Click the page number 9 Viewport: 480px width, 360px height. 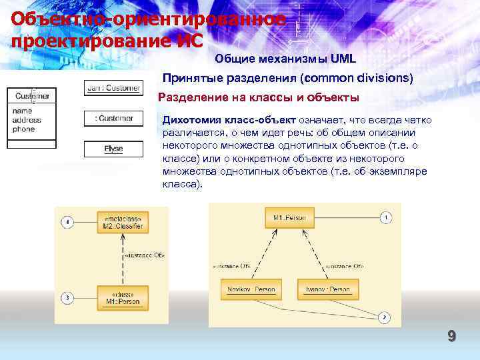(x=451, y=337)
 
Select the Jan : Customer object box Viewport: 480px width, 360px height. (x=113, y=87)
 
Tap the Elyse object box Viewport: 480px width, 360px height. (x=113, y=149)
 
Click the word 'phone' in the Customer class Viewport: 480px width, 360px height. (x=23, y=129)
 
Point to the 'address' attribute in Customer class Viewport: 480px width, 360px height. (x=27, y=120)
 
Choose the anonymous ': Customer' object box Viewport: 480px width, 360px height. (x=113, y=118)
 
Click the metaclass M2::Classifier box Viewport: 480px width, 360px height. (x=123, y=221)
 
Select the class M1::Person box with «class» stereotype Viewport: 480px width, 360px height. (x=123, y=297)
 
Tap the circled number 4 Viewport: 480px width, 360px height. (x=67, y=222)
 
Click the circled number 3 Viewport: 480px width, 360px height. (x=67, y=297)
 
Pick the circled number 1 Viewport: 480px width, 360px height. (x=387, y=217)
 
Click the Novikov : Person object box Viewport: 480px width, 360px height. (x=252, y=289)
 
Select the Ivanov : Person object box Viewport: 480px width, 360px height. (x=328, y=289)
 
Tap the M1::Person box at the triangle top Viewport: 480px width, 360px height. (x=289, y=217)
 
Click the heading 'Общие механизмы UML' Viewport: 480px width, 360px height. (x=285, y=59)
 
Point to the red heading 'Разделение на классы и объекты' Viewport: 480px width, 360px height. (x=258, y=97)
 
